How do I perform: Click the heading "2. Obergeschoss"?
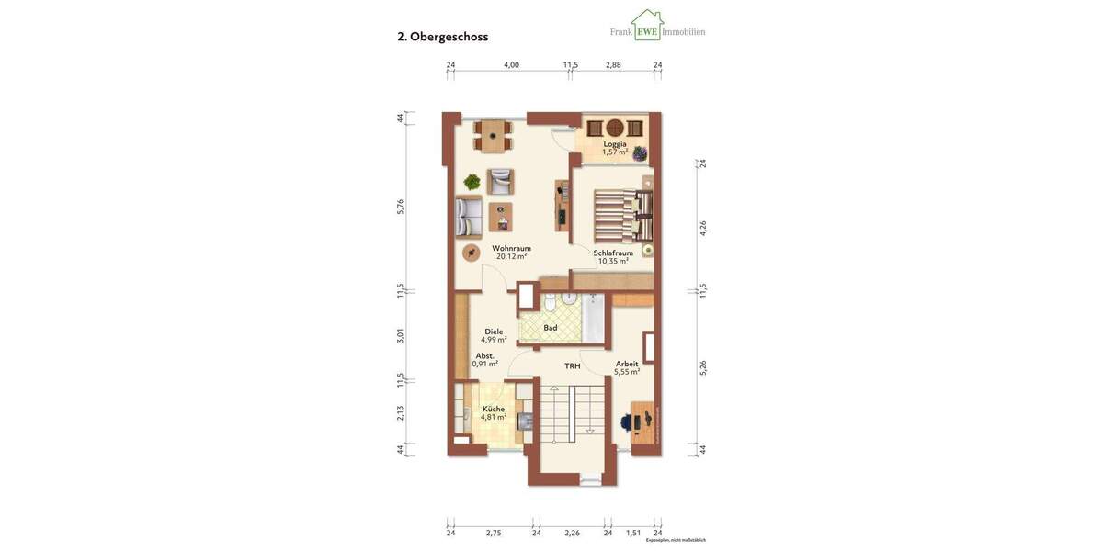(x=442, y=37)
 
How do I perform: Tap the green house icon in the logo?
(x=647, y=26)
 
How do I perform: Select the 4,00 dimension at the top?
(x=511, y=65)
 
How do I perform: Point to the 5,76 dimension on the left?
(x=401, y=207)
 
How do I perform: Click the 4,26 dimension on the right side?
(x=703, y=228)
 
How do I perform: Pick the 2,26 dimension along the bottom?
(x=572, y=533)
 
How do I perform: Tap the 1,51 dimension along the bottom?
(x=632, y=533)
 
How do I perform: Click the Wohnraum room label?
(x=511, y=248)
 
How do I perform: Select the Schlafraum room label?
(x=612, y=253)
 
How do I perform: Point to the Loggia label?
(x=615, y=144)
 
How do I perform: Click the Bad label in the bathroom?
(x=551, y=327)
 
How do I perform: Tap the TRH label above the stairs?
(x=573, y=365)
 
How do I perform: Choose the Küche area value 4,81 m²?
(x=493, y=417)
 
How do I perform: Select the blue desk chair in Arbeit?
(x=629, y=422)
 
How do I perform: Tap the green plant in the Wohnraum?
(x=472, y=182)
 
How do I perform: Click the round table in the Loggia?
(x=615, y=128)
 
